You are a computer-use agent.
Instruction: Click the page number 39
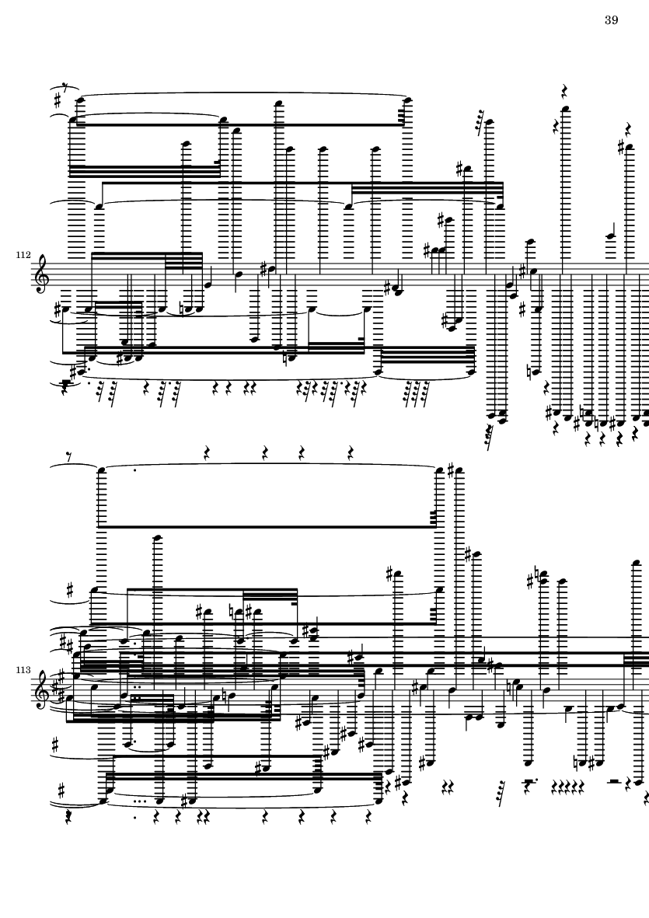611,20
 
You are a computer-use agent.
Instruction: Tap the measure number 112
23,255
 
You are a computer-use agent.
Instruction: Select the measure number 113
23,670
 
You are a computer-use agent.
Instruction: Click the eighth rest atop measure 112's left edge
65,88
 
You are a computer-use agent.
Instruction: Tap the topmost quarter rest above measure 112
565,91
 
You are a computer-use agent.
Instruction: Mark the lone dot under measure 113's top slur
135,470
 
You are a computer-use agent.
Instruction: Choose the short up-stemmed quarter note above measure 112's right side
609,231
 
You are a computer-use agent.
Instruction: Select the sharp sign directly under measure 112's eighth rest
58,101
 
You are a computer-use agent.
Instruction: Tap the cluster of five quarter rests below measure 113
568,784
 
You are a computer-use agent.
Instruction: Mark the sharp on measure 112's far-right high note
622,147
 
